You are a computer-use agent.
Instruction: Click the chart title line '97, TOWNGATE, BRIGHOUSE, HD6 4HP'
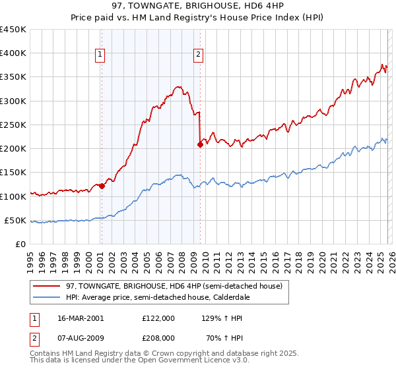(x=198, y=7)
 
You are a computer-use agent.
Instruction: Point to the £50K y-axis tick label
(x=16, y=221)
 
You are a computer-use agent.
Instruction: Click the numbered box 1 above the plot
(x=100, y=55)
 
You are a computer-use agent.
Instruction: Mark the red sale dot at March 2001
(x=102, y=186)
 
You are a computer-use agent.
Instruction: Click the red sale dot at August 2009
(x=200, y=145)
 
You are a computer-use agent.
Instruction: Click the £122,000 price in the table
(x=158, y=318)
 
